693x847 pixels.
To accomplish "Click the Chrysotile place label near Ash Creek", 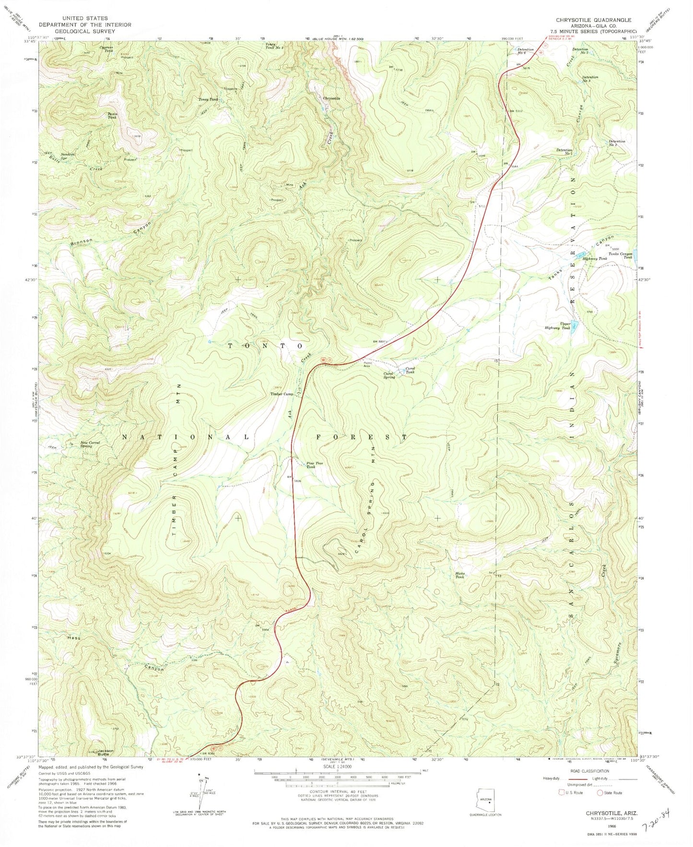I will (331, 98).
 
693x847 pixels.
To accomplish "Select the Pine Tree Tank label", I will (311, 464).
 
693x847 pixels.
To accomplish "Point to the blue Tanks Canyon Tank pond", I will (635, 252).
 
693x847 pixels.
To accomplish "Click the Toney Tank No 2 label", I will (276, 46).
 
